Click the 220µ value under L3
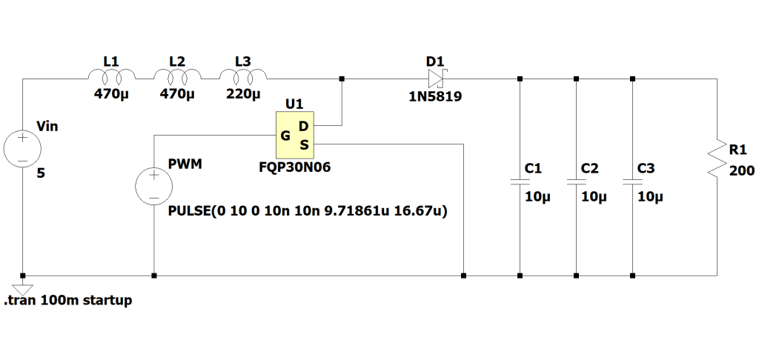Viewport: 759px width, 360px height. pos(243,95)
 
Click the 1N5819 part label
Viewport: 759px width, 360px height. pos(435,96)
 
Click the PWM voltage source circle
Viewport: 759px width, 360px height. pos(153,185)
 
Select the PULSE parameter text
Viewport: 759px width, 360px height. pos(312,212)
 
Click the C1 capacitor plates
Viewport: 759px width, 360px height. pos(520,181)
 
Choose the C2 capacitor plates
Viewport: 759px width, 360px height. pos(576,181)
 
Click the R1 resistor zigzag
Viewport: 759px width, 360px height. pos(717,159)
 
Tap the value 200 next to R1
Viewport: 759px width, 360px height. pos(741,171)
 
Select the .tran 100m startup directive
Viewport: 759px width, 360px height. pos(68,301)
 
